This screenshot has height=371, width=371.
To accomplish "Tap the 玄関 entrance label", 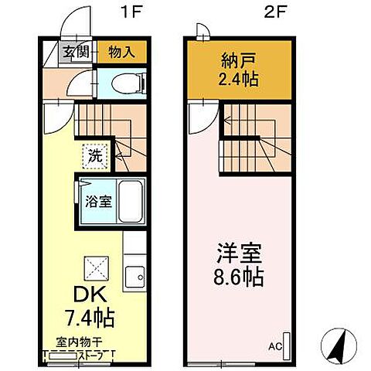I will [75, 53].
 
